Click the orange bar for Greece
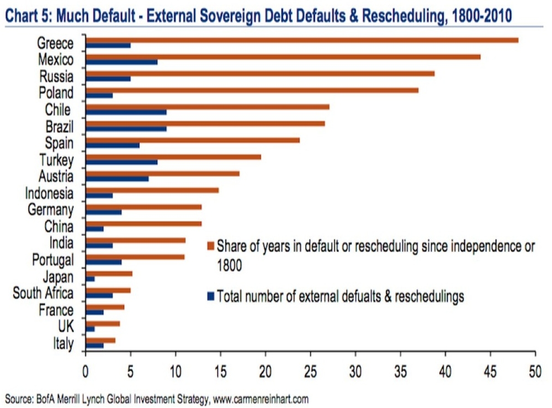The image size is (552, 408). [302, 40]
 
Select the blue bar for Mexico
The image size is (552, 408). [122, 62]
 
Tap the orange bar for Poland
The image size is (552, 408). [252, 90]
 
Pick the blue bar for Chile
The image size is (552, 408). [126, 112]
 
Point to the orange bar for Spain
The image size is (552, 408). [193, 140]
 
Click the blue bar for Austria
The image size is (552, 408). [118, 179]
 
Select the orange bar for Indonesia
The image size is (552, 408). [152, 190]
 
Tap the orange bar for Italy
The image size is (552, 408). [100, 340]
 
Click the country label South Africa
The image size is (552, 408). [43, 293]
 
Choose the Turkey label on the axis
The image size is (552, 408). [56, 160]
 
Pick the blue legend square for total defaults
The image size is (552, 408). [210, 297]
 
